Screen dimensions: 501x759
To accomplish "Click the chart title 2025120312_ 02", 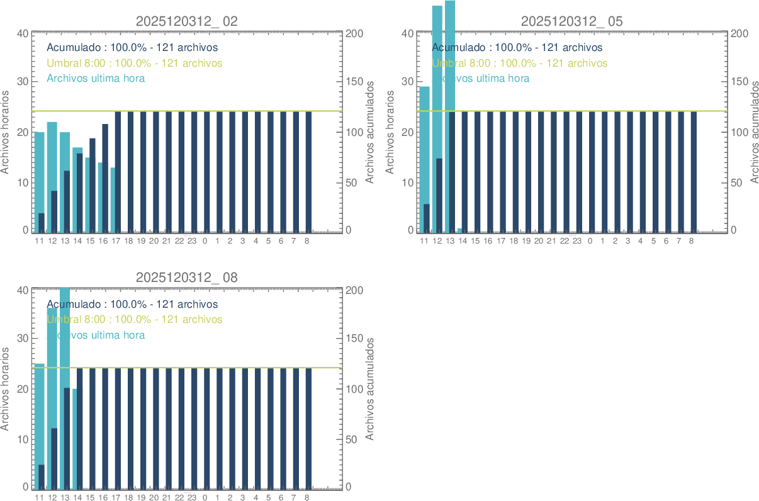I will point(186,21).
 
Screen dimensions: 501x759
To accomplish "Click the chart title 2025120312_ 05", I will point(571,21).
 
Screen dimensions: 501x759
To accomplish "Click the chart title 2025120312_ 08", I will point(186,278).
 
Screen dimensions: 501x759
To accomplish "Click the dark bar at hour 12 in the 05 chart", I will point(439,195).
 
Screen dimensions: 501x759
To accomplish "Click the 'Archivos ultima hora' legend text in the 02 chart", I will point(96,78).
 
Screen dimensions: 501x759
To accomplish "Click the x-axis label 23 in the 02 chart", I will point(192,240).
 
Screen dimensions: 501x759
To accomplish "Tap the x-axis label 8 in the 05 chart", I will point(692,240).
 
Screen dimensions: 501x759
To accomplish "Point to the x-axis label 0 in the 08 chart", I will point(205,497).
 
